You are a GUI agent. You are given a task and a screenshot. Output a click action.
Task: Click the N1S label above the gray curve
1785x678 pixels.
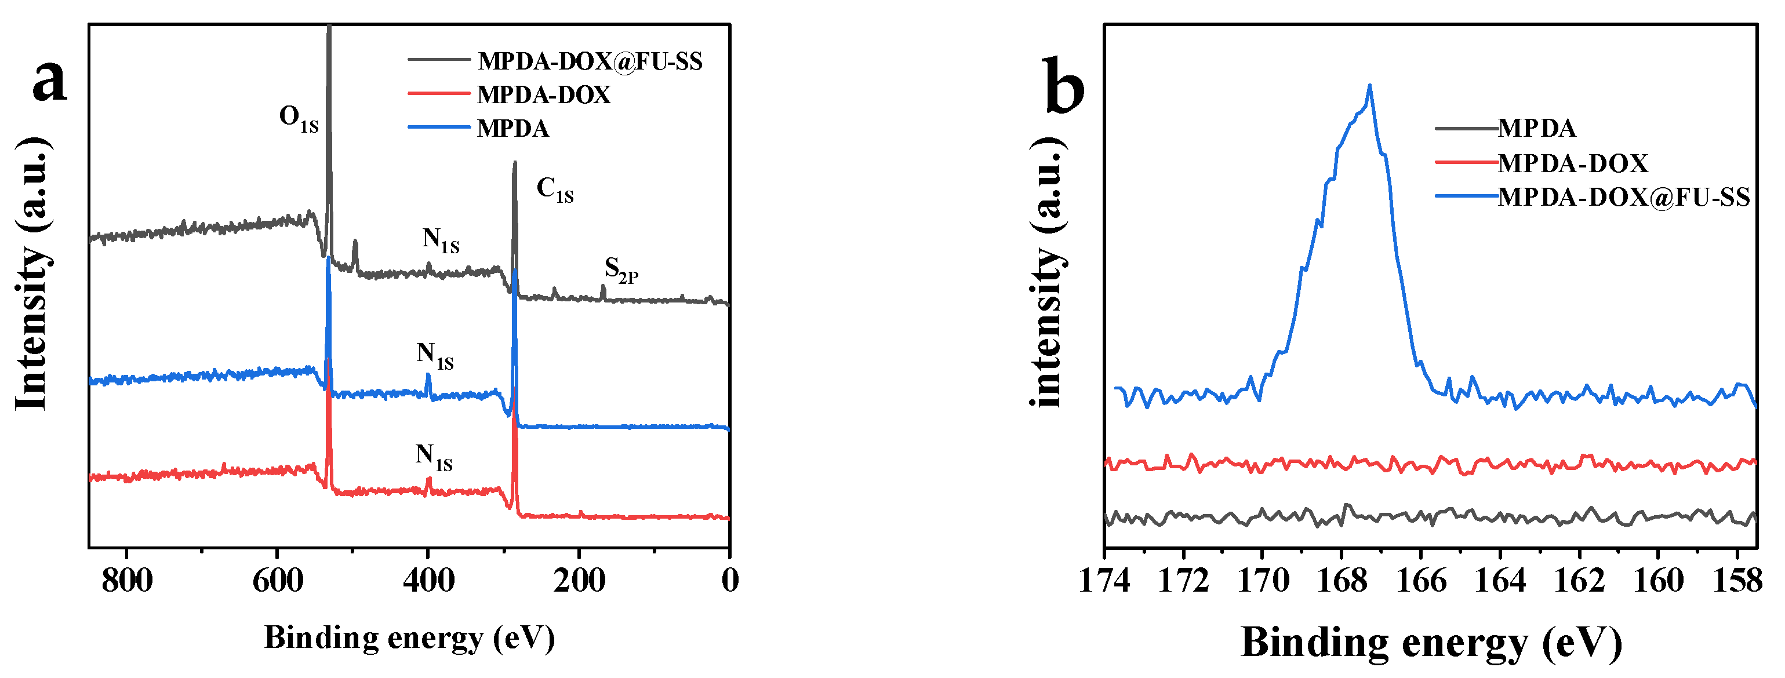pyautogui.click(x=441, y=240)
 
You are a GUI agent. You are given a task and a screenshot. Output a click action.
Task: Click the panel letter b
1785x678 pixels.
pyautogui.click(x=1064, y=86)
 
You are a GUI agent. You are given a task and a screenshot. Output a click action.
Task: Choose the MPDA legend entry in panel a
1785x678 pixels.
pyautogui.click(x=512, y=129)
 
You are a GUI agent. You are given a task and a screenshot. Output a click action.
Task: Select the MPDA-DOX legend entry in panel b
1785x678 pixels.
pyautogui.click(x=1572, y=163)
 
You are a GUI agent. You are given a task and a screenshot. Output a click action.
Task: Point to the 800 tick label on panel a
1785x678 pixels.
pyautogui.click(x=127, y=580)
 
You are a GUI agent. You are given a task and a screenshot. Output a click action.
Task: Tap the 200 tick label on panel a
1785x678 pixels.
pyautogui.click(x=579, y=580)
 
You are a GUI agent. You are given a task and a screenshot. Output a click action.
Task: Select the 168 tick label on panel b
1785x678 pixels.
pyautogui.click(x=1342, y=580)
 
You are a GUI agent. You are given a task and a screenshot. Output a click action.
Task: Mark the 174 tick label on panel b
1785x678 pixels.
pyautogui.click(x=1104, y=580)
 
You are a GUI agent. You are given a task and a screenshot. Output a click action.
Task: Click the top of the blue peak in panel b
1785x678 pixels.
pyautogui.click(x=1369, y=86)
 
